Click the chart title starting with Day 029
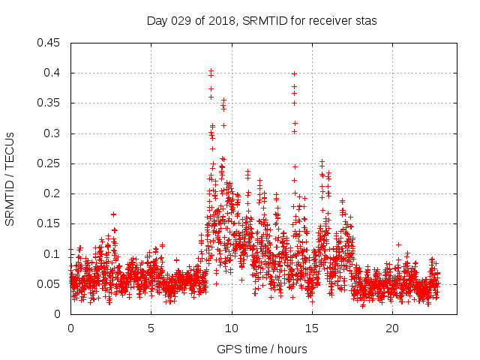(262, 21)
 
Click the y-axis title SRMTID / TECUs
(10, 178)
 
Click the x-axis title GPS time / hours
(262, 349)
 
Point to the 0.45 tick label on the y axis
(49, 43)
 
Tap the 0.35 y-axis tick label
(49, 103)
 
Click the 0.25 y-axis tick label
(49, 163)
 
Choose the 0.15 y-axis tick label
(49, 223)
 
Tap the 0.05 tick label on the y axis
(49, 284)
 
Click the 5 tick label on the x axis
(151, 328)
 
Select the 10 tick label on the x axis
(231, 328)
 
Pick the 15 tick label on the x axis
(311, 328)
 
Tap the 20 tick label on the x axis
(391, 328)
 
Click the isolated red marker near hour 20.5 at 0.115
(399, 244)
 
